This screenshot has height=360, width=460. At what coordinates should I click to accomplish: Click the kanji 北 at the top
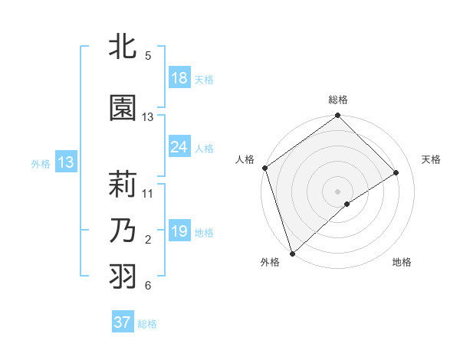[x=123, y=47]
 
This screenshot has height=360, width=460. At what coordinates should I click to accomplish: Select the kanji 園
[x=123, y=109]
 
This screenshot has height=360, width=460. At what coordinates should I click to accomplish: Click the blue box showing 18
[x=179, y=78]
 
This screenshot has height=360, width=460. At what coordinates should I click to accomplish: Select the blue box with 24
[x=179, y=147]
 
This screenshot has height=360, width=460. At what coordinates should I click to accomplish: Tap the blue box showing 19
[x=179, y=231]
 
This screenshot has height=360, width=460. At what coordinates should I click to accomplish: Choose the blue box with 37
[x=123, y=322]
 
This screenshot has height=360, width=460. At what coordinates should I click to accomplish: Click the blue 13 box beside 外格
[x=66, y=162]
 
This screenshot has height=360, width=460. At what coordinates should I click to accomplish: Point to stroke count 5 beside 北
[x=148, y=56]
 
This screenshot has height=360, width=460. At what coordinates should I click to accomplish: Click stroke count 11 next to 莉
[x=148, y=194]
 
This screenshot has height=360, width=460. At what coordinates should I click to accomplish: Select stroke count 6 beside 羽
[x=148, y=286]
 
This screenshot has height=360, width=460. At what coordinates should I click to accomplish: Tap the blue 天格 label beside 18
[x=204, y=79]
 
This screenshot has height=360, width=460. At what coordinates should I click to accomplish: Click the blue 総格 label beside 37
[x=147, y=323]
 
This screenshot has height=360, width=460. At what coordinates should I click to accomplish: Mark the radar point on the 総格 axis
[x=337, y=116]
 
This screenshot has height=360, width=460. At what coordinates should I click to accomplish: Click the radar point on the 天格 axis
[x=396, y=173]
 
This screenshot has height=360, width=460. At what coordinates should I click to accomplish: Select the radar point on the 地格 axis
[x=347, y=204]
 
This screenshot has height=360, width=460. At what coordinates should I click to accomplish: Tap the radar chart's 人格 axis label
[x=245, y=159]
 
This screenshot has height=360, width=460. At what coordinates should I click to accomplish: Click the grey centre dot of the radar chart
[x=337, y=190]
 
